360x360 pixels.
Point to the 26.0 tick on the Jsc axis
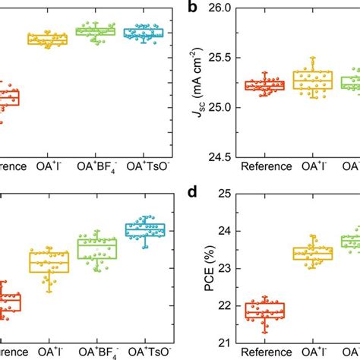click(223, 8)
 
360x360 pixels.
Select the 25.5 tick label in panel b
click(223, 58)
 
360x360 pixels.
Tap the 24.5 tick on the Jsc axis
click(223, 156)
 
